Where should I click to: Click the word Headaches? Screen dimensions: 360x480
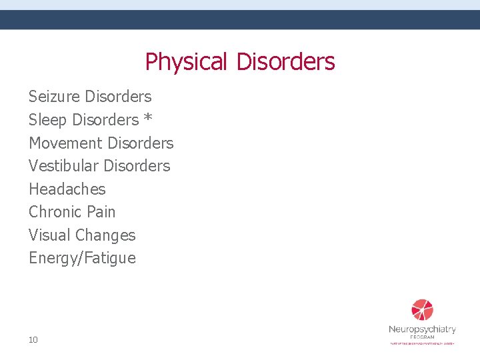click(x=67, y=189)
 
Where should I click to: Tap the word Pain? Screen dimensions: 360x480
click(x=101, y=212)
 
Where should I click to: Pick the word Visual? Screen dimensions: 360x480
click(x=49, y=235)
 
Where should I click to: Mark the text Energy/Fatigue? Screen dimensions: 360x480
click(x=82, y=259)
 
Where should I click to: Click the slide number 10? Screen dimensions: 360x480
click(x=33, y=340)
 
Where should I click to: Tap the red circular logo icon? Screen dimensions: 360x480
click(x=422, y=310)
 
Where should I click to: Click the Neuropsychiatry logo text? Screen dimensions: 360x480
click(x=422, y=329)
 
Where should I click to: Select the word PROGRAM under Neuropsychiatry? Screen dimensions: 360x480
click(x=422, y=337)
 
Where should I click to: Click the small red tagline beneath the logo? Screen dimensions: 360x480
click(x=422, y=343)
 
